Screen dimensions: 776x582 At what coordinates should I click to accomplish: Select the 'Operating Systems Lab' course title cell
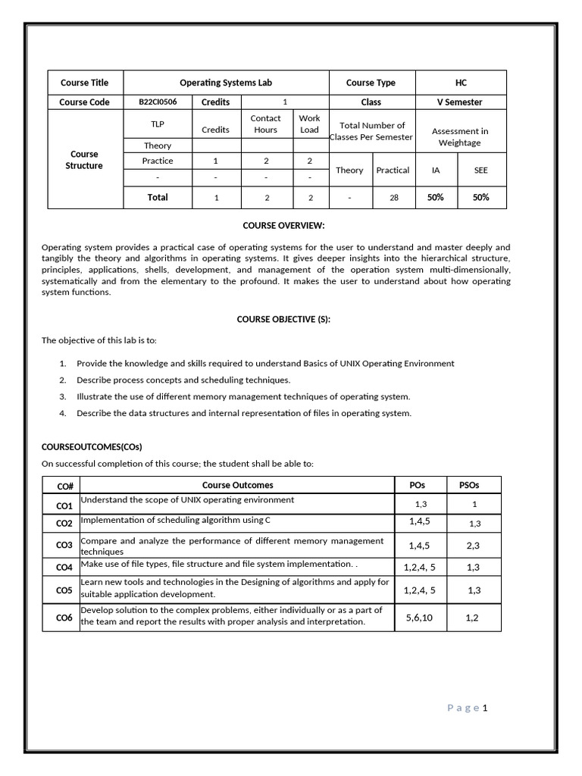pos(225,83)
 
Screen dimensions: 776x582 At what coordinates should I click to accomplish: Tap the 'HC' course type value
pos(461,83)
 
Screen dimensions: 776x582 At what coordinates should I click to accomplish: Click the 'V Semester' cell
pos(461,102)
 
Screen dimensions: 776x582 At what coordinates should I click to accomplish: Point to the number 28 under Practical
pos(393,198)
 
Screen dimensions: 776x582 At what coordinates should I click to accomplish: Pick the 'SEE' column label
pos(481,171)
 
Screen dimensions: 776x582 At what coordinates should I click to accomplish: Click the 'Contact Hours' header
pos(265,124)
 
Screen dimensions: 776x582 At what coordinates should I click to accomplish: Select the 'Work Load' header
pos(309,124)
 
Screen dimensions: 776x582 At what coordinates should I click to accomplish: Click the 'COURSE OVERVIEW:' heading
pos(283,226)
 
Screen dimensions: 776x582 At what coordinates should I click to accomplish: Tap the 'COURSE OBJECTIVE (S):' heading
pos(283,319)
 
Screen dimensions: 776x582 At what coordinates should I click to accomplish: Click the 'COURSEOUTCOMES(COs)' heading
pos(92,446)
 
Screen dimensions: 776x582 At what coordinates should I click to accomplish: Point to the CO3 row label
pos(64,546)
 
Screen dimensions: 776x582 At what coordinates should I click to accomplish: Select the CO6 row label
pos(64,618)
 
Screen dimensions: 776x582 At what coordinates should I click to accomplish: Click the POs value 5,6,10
pos(419,618)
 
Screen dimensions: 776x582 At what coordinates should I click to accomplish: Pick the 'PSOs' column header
pos(469,486)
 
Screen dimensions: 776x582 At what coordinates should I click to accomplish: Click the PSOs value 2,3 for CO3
pos(474,546)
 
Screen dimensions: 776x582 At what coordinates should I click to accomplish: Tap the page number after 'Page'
pos(485,708)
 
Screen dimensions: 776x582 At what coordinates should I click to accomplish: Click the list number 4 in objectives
pos(63,414)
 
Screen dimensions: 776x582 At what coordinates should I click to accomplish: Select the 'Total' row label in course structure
pos(158,197)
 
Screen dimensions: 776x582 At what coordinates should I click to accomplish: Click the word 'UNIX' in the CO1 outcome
pos(192,500)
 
